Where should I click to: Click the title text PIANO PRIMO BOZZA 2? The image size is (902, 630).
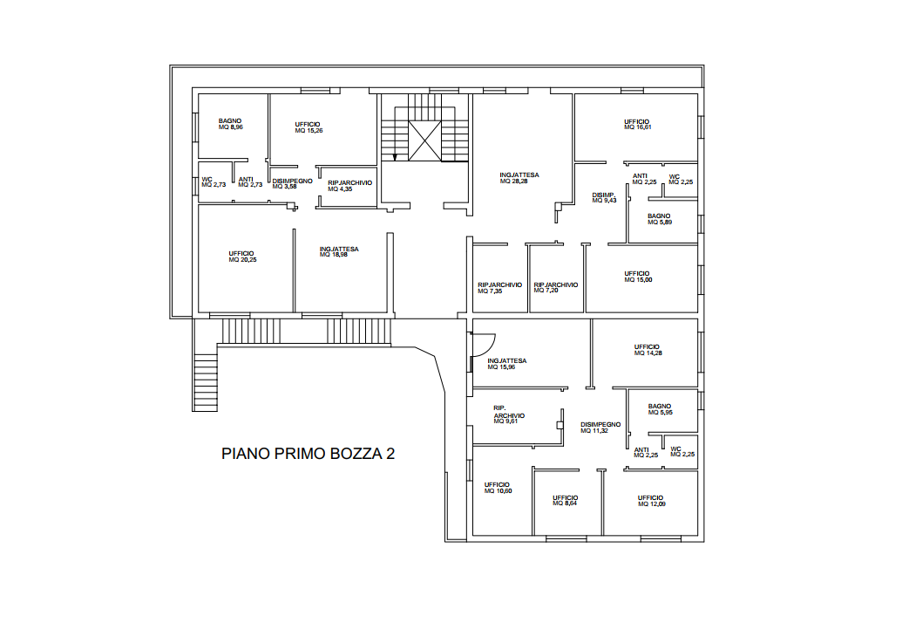point(308,454)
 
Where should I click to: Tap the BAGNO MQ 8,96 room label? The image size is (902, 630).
point(231,124)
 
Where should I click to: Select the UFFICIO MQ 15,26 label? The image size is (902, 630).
point(309,127)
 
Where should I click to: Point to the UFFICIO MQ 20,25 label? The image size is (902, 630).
point(242,257)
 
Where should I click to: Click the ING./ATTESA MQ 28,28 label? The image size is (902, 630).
point(519,178)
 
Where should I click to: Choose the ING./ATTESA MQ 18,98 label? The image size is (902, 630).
point(339,251)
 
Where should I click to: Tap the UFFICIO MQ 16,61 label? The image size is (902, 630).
point(637,125)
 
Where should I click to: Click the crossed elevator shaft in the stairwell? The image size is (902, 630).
point(424,140)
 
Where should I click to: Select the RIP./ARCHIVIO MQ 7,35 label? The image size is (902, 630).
point(500,288)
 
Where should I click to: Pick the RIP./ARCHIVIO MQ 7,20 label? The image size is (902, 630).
point(556,287)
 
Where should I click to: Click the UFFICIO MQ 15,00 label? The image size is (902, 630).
point(638,277)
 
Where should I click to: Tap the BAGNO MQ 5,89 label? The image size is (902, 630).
point(660,219)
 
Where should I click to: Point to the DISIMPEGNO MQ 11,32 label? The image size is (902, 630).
point(600,428)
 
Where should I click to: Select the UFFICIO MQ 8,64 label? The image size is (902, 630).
point(566,501)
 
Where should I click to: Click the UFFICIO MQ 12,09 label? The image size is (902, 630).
point(651,501)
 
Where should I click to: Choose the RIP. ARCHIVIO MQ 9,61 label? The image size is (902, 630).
point(509,415)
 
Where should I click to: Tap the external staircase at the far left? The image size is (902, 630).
point(206,382)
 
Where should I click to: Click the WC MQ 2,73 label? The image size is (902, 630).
point(214,182)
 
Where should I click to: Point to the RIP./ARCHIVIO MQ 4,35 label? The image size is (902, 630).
point(349,186)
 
